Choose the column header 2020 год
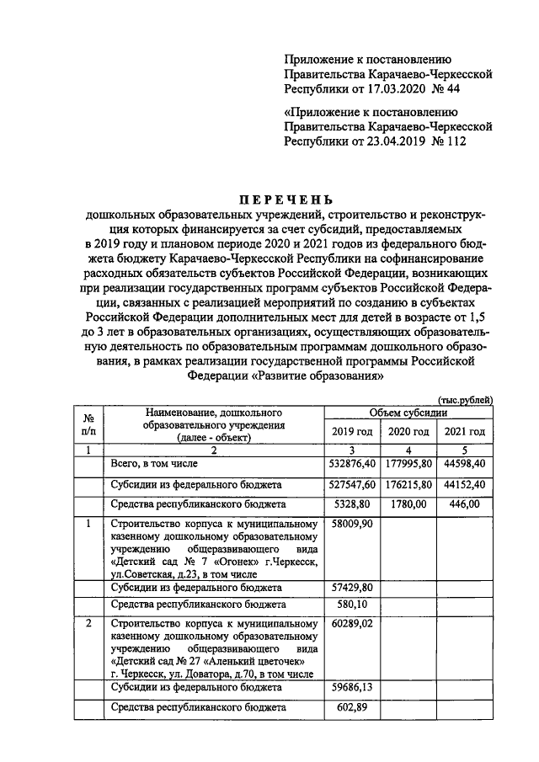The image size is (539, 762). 408,432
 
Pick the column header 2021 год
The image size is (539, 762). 464,432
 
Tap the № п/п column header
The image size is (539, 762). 86,424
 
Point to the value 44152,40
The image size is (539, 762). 464,485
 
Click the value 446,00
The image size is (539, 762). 464,504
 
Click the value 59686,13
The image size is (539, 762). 350,688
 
